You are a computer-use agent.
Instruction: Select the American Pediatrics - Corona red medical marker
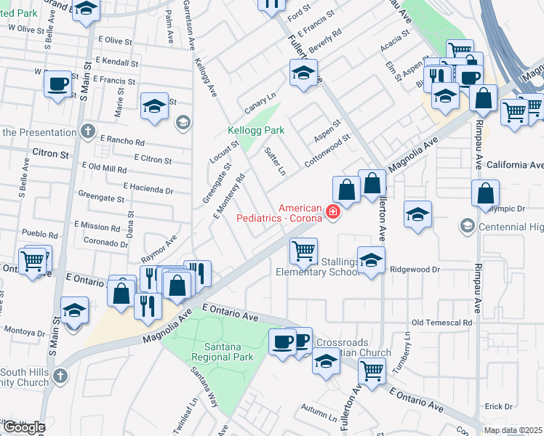(333, 211)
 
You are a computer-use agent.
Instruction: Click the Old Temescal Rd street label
(441, 322)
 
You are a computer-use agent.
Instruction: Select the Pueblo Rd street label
(39, 235)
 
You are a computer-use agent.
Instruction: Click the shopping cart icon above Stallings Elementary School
(303, 251)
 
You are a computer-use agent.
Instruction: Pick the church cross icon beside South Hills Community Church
(60, 376)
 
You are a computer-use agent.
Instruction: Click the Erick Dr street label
(499, 406)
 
